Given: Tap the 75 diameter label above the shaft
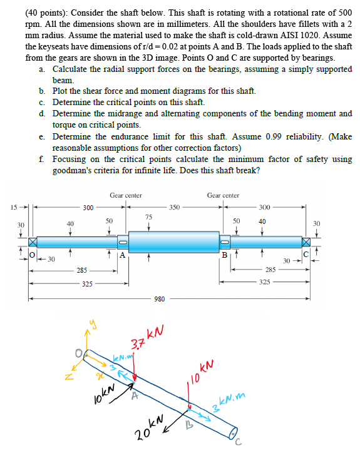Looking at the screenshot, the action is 148,216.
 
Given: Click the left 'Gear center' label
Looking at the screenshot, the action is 125,195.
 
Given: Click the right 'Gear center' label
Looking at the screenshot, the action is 223,195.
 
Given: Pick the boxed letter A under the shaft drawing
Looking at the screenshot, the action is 123,255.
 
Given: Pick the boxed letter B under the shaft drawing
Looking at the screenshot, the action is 224,255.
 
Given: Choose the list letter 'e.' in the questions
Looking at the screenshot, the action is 41,136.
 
